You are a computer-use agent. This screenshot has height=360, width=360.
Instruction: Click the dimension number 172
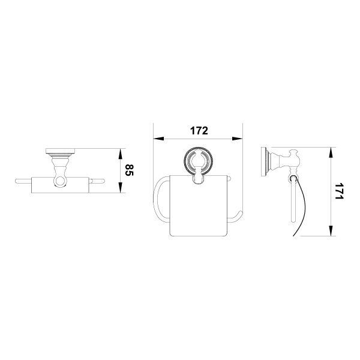199,131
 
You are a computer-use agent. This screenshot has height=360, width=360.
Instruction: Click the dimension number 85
129,170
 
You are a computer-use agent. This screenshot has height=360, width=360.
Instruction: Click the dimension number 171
339,191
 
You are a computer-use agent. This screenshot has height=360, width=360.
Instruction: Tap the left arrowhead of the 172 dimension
158,139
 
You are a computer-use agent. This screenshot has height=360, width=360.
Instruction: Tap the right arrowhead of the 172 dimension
238,139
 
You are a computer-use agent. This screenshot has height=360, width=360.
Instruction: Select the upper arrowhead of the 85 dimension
120,154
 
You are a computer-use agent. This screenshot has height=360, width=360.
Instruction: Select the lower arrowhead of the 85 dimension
120,187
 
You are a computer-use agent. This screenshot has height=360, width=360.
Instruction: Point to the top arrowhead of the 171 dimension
331,152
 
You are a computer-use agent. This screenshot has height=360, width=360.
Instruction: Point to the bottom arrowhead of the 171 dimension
331,230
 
